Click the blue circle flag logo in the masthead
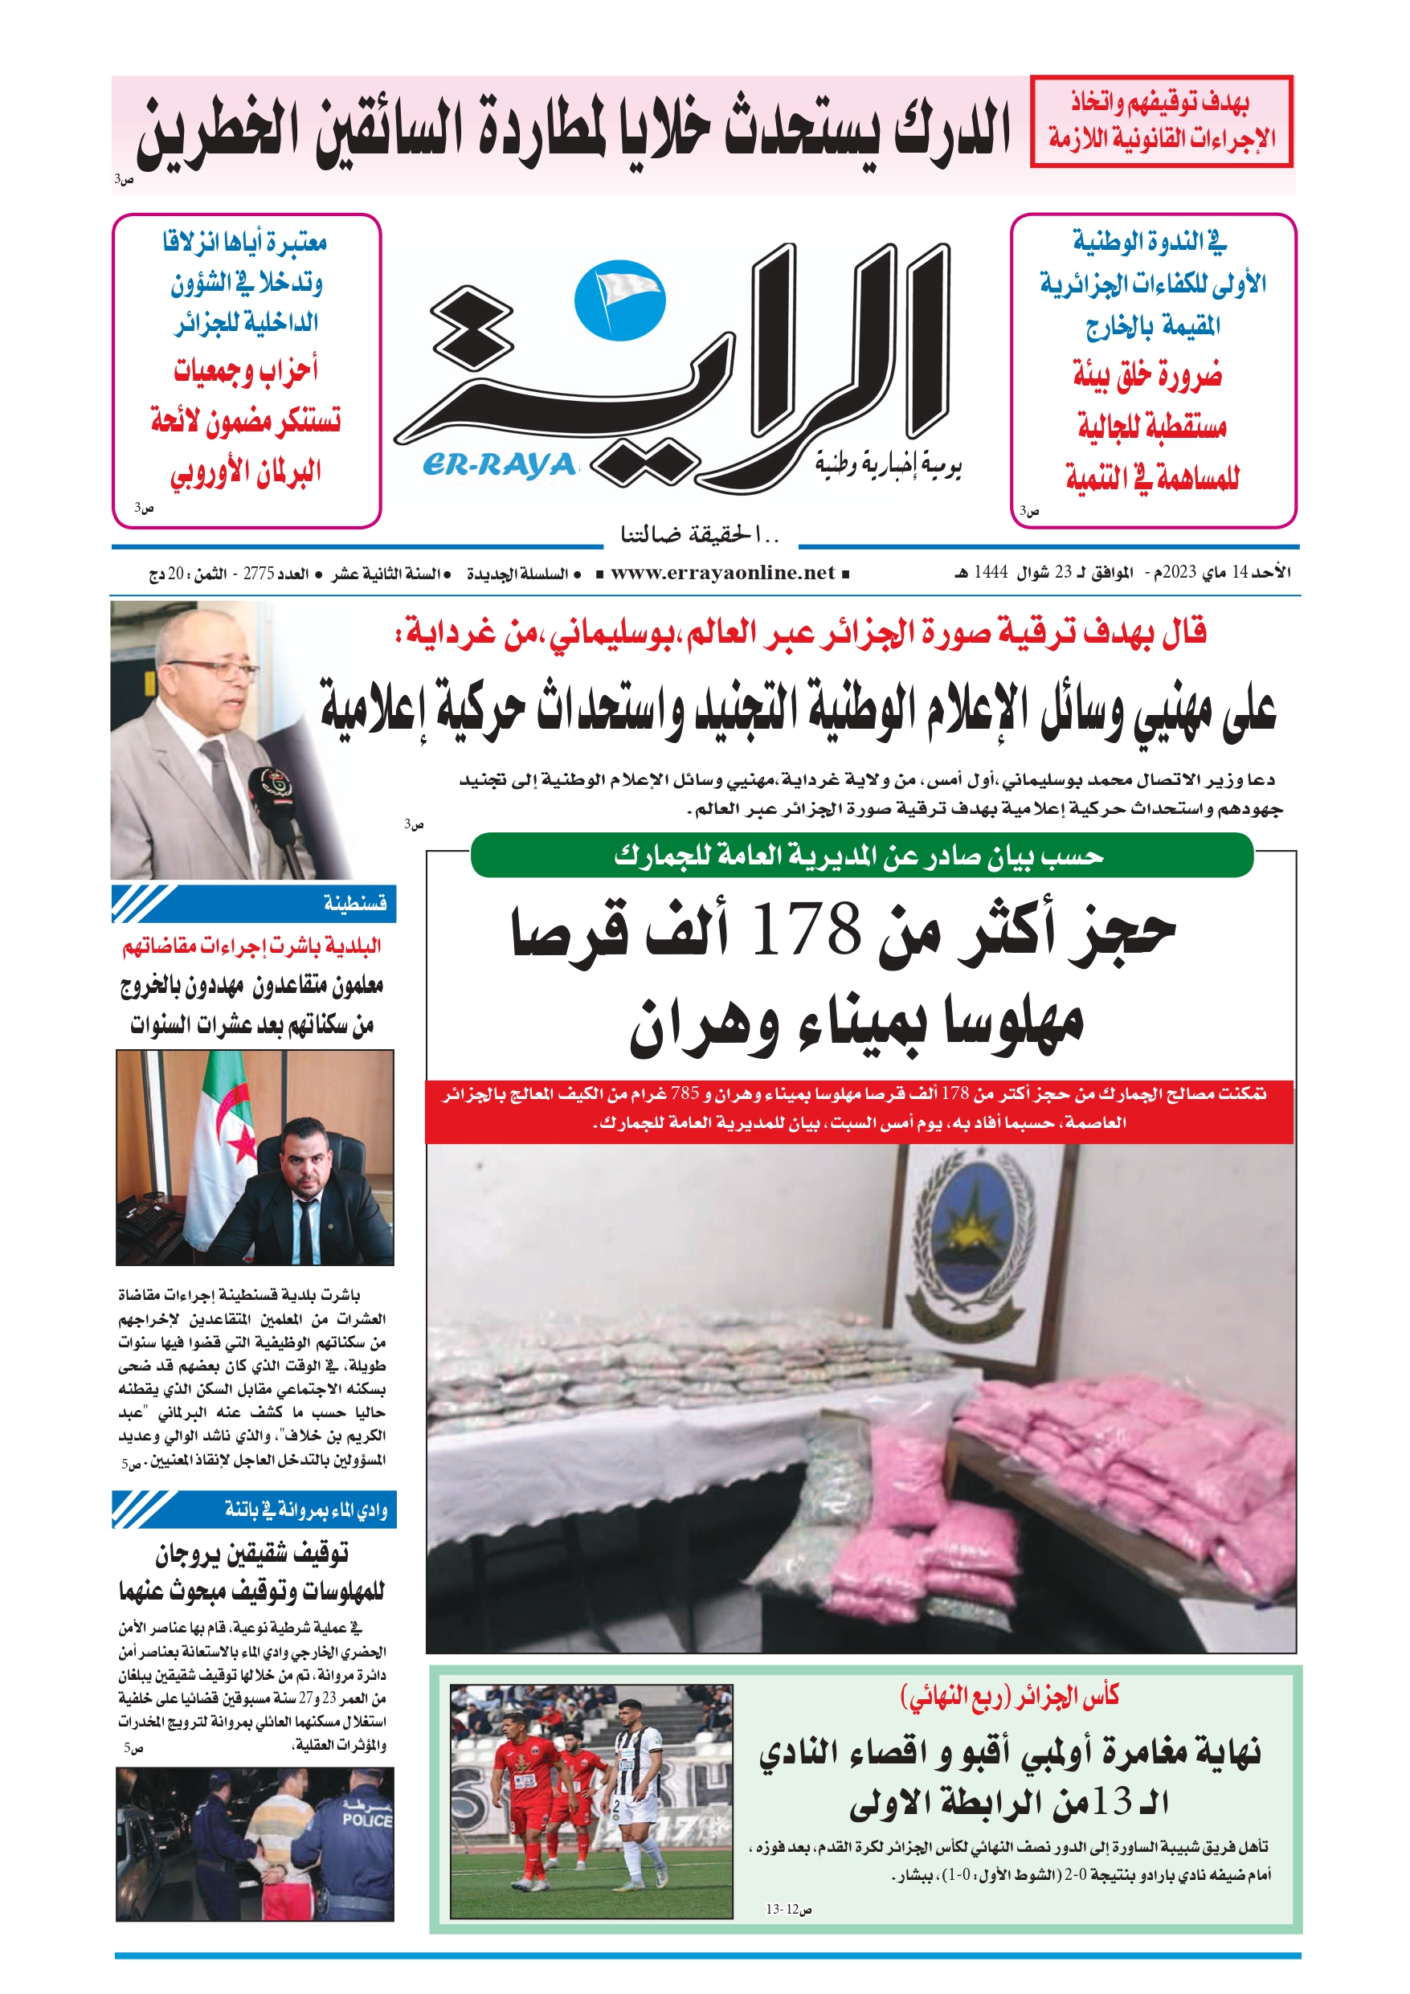619,300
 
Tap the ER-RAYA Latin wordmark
500,465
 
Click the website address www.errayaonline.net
722,573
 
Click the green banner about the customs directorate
861,856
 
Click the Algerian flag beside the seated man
223,1146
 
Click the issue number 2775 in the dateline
259,573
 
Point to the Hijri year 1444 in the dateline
990,572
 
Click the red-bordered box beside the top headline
1161,121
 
